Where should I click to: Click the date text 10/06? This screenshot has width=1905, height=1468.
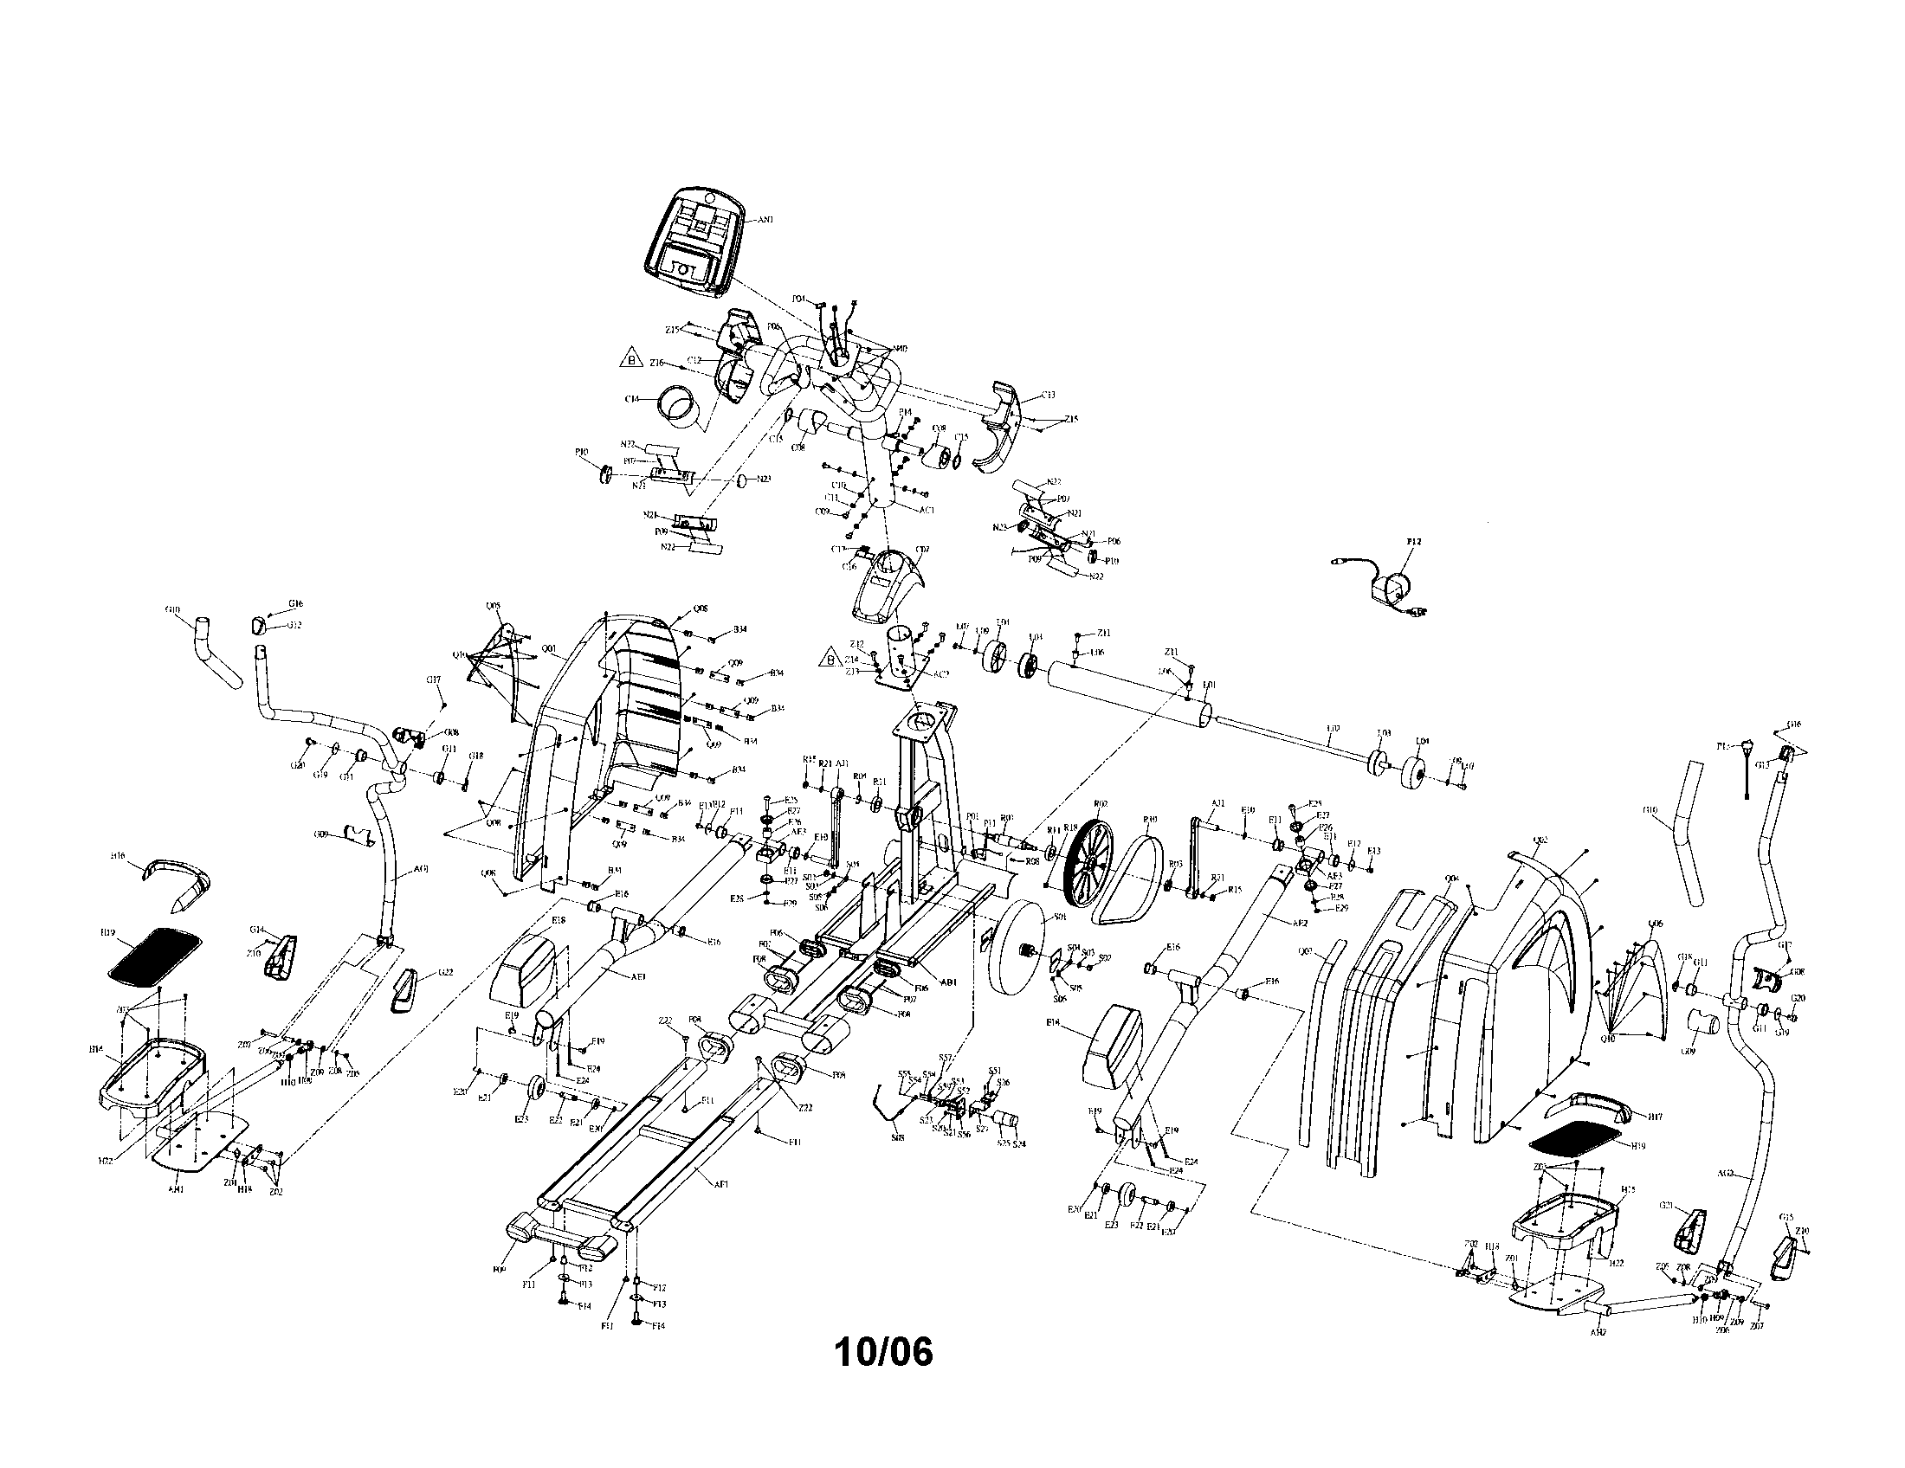coord(883,1352)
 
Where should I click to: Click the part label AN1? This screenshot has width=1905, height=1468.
coord(765,221)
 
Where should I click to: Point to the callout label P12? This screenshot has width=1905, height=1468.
coord(1414,541)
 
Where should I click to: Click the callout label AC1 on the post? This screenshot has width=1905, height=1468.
coord(927,510)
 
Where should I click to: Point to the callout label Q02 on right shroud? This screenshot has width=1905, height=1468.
coord(1540,840)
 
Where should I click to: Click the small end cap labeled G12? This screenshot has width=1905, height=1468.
coord(258,624)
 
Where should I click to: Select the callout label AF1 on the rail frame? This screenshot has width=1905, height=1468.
coord(721,1184)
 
